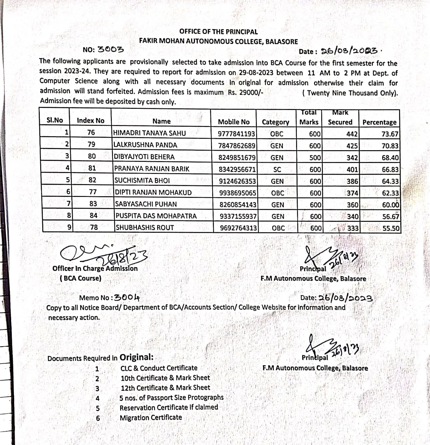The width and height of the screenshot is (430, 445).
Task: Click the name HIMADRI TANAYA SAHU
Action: click(149, 133)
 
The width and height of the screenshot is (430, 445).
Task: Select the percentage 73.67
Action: click(390, 134)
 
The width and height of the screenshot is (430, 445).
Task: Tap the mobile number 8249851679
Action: click(237, 158)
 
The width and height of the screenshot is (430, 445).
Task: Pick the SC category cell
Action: click(277, 169)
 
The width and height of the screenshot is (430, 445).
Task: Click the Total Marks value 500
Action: click(315, 158)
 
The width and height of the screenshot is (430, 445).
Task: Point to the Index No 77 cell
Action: click(93, 192)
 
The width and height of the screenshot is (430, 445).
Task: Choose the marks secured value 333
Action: click(353, 228)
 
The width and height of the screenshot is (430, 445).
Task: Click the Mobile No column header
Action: click(234, 122)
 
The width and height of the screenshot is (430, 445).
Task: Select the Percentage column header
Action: click(379, 122)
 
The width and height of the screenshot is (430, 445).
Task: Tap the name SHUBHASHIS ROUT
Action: click(145, 228)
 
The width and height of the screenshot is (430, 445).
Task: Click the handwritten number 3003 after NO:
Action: click(111, 50)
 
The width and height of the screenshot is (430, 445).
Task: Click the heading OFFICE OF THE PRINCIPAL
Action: click(218, 32)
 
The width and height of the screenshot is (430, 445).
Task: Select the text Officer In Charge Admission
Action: click(95, 268)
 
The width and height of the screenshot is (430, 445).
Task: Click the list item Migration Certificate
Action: click(151, 417)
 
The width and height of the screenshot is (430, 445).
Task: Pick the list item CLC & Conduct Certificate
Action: click(159, 368)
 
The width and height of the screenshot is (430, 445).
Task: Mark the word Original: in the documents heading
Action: click(136, 357)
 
